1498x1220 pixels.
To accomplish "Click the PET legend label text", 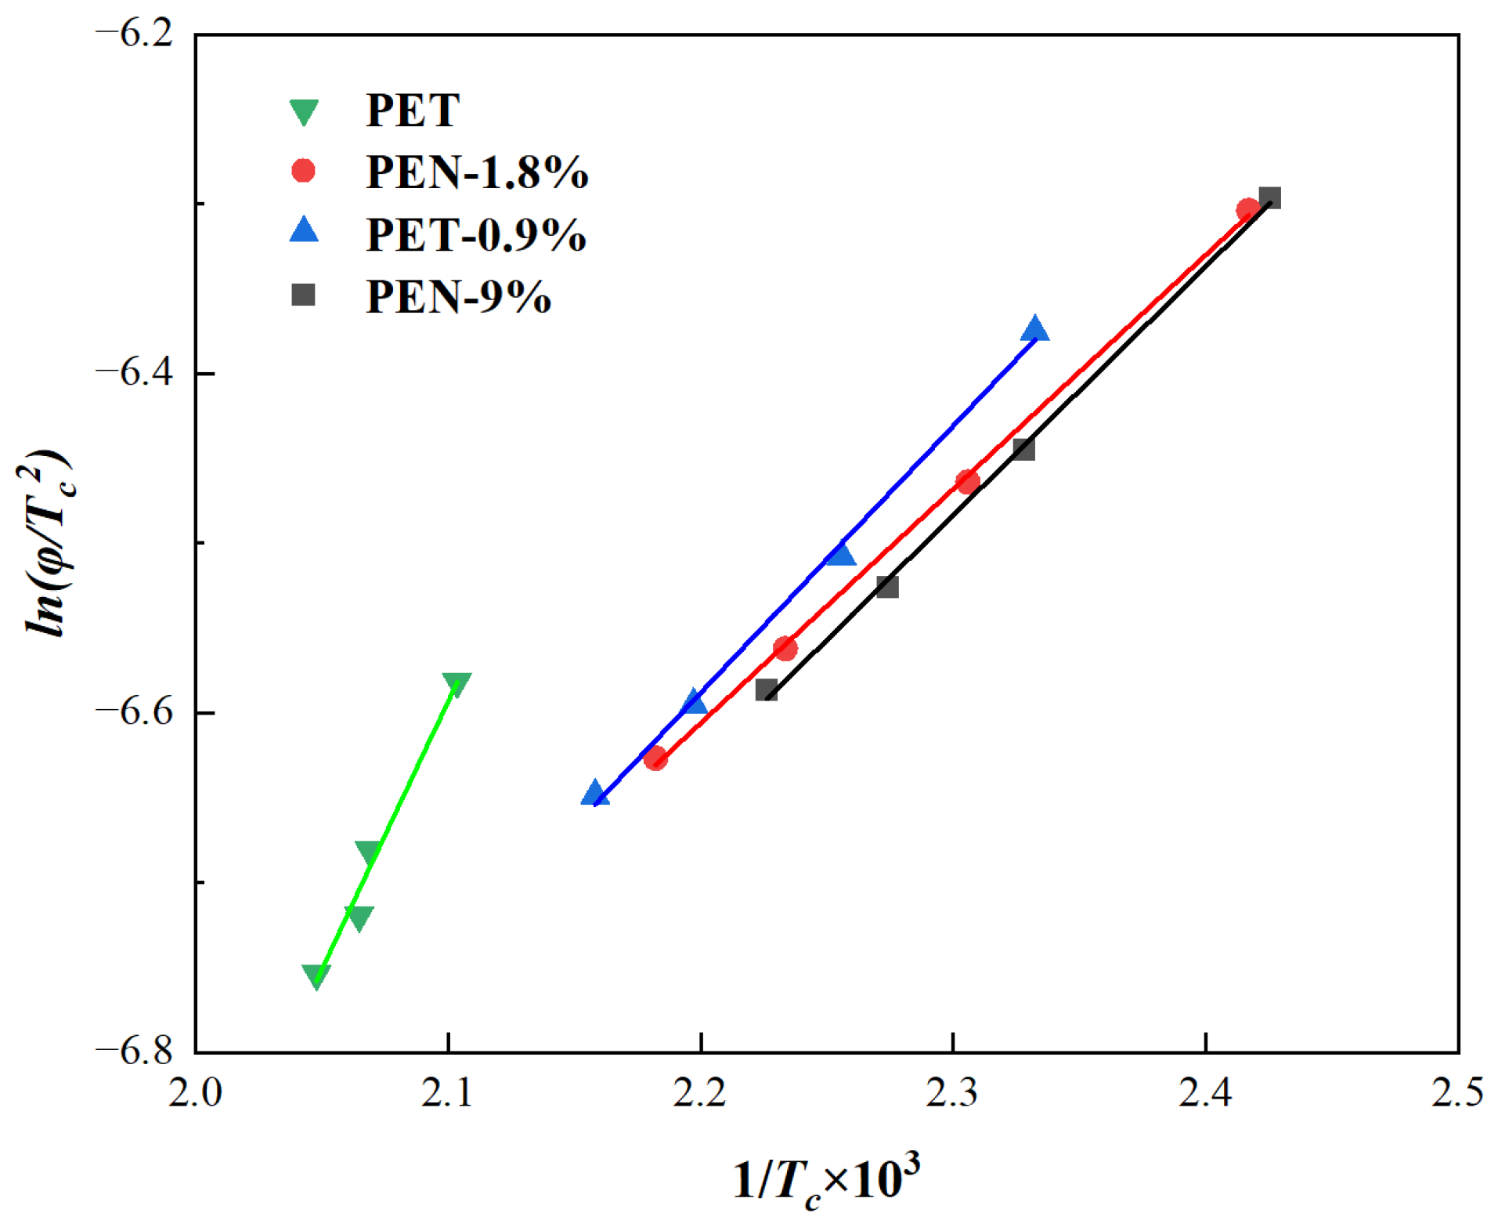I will pos(413,110).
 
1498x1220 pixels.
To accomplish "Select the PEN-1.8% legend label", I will pos(477,172).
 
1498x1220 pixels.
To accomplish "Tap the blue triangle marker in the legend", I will pos(304,230).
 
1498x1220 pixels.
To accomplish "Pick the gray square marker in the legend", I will pos(303,295).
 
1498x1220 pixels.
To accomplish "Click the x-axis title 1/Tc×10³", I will pos(826,1179).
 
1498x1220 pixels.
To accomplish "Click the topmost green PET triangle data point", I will pos(456,683).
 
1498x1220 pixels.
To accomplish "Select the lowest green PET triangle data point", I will pos(316,976).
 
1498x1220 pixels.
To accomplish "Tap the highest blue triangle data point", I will pos(1034,330).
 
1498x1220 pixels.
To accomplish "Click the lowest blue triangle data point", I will pos(595,794).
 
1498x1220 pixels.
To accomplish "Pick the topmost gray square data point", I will pos(1269,197).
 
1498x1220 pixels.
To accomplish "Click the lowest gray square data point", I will pos(767,690).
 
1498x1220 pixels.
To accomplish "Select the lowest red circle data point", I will pos(655,758).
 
